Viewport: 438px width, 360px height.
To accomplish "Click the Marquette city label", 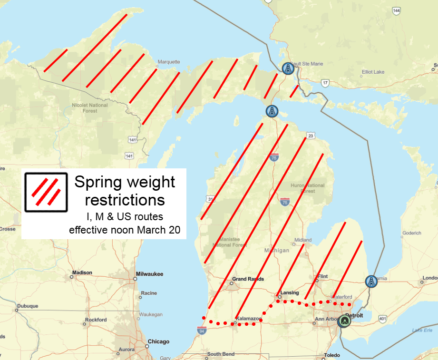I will [x=169, y=62].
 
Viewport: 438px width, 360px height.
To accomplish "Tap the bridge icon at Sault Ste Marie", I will [x=288, y=69].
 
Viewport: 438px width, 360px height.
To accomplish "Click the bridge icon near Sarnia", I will [x=371, y=282].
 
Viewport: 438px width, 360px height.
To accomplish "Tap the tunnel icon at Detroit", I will [x=344, y=321].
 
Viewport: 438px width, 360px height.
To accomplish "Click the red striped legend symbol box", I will [x=46, y=192].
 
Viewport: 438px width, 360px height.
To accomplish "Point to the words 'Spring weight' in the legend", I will [x=125, y=182].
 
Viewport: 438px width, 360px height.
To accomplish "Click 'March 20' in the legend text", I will [x=161, y=230].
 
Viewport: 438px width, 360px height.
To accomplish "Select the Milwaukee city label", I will [x=149, y=274].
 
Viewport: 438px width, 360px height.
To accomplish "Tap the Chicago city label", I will [x=158, y=341].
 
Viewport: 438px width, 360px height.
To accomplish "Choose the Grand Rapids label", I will [x=248, y=279].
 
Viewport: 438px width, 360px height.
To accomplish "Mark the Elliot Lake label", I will [x=373, y=72].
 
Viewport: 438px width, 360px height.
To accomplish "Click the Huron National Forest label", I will [x=308, y=188].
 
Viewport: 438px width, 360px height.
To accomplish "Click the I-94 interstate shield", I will [x=202, y=330].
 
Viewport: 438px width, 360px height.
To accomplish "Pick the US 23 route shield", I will [x=310, y=136].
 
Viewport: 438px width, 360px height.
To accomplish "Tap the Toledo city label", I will [x=332, y=355].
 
